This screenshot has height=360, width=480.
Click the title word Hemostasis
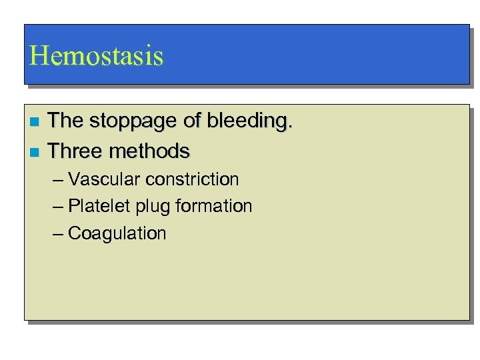pos(96,56)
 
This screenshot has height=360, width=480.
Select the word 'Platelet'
pos(99,207)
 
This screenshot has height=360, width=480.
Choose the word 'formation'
pos(214,207)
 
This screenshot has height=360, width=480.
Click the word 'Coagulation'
pos(117,234)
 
